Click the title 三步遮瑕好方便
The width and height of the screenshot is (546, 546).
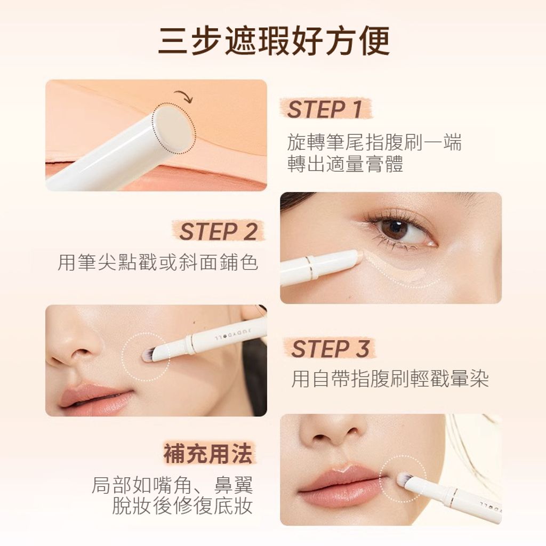[274, 41]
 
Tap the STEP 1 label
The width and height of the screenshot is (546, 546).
[325, 109]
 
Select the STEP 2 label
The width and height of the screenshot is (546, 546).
[218, 231]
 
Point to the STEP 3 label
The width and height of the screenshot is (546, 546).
[330, 349]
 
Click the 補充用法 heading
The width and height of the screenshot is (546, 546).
[208, 454]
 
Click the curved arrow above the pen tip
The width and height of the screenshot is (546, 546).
[183, 96]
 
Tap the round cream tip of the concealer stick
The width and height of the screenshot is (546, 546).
[173, 127]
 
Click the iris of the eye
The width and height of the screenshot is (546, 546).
[395, 229]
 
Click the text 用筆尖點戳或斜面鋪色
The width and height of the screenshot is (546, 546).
[157, 262]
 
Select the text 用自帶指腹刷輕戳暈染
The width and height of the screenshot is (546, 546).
[390, 379]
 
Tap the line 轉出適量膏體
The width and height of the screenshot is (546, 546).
[345, 164]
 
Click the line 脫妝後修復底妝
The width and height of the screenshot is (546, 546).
[182, 506]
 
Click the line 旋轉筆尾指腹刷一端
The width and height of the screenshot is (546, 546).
[374, 142]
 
